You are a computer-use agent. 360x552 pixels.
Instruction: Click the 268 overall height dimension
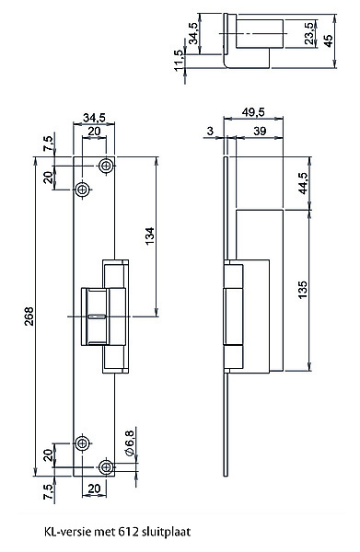pos(29,316)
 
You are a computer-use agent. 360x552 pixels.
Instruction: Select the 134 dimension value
pos(150,236)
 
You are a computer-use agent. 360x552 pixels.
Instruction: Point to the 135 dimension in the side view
pos(303,289)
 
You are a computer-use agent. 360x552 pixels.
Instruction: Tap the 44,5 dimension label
pos(303,183)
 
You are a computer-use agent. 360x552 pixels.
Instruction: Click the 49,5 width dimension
pos(253,112)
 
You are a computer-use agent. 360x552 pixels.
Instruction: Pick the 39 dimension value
pos(260,131)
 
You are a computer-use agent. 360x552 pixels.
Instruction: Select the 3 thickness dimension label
pos(210,131)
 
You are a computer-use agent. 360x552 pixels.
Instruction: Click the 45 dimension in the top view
pos(328,40)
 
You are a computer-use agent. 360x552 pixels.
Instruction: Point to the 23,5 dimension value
pos(309,33)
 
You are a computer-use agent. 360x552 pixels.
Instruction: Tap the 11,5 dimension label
pos(179,60)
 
